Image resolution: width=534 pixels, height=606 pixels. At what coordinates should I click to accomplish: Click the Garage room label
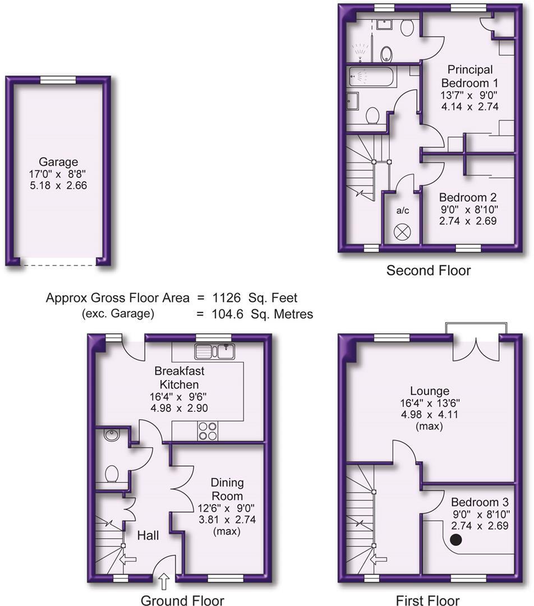point(59,162)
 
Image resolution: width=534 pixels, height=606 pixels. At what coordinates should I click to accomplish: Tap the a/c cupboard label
point(402,211)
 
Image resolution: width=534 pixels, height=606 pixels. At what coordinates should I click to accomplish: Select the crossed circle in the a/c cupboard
point(402,232)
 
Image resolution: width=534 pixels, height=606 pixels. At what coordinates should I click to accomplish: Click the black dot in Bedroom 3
point(457,540)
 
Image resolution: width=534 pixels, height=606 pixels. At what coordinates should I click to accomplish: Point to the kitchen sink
point(215,352)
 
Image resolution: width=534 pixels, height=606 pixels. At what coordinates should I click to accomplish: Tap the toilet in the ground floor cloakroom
point(112,474)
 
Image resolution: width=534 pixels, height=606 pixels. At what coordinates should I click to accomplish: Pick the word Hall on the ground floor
point(148,536)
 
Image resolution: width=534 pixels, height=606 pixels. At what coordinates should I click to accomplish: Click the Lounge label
point(430,391)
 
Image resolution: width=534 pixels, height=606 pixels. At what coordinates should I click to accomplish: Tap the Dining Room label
point(227,489)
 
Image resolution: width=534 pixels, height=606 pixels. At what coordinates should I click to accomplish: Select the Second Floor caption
point(429,270)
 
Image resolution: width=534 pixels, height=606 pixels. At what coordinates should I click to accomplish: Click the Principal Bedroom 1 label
point(470,76)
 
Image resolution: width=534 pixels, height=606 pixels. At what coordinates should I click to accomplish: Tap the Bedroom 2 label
point(468,198)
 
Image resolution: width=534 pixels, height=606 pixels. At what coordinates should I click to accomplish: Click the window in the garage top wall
point(59,80)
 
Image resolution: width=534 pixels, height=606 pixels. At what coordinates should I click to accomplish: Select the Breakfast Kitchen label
point(179,378)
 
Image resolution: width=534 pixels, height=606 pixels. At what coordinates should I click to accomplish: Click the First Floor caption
point(427,600)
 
